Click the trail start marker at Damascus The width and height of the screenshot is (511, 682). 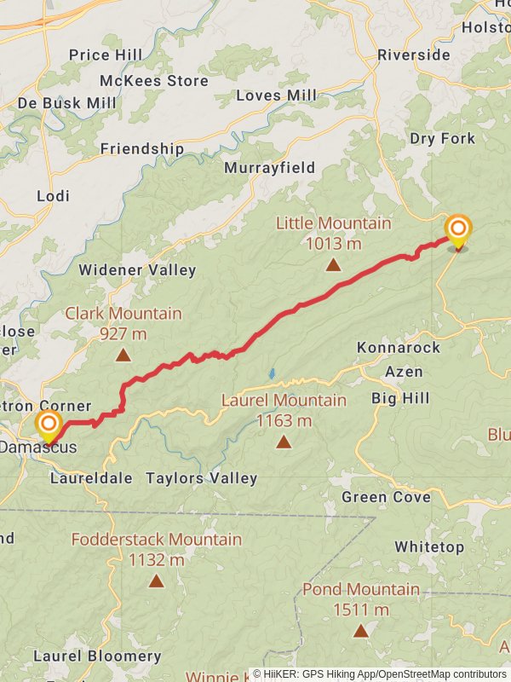pyautogui.click(x=49, y=425)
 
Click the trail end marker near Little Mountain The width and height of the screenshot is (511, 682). pyautogui.click(x=458, y=229)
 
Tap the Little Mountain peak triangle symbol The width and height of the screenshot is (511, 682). pyautogui.click(x=333, y=265)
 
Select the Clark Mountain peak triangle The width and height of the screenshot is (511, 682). pyautogui.click(x=123, y=355)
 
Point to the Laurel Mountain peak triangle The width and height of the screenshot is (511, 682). pyautogui.click(x=284, y=442)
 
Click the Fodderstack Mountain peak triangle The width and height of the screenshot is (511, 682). pyautogui.click(x=156, y=581)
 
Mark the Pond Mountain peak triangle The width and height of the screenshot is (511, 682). pyautogui.click(x=361, y=631)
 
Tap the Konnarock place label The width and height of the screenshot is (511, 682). pyautogui.click(x=399, y=348)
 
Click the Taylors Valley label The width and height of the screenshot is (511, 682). pyautogui.click(x=202, y=478)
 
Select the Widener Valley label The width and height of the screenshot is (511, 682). pyautogui.click(x=137, y=270)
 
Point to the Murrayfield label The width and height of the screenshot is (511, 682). pyautogui.click(x=270, y=168)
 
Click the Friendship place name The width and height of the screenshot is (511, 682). pyautogui.click(x=142, y=148)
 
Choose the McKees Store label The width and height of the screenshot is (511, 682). pyautogui.click(x=154, y=81)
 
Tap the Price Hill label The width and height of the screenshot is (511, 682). pyautogui.click(x=106, y=55)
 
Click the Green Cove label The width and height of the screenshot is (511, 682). pyautogui.click(x=386, y=497)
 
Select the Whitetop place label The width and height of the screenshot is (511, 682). pyautogui.click(x=429, y=546)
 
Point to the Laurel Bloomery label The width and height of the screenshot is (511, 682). pyautogui.click(x=97, y=656)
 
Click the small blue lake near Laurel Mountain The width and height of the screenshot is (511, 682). pyautogui.click(x=272, y=373)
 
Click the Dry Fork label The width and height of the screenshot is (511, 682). pyautogui.click(x=443, y=138)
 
